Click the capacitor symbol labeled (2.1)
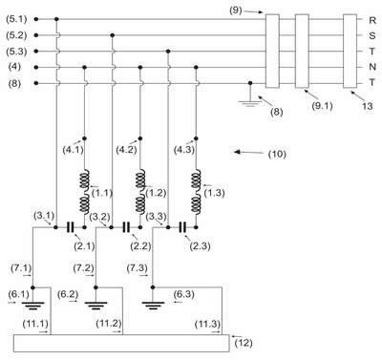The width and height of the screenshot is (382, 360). [70, 227]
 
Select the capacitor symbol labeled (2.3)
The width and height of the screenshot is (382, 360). [182, 227]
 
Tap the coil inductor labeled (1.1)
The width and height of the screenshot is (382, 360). [84, 191]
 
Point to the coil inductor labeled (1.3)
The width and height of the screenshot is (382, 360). [196, 191]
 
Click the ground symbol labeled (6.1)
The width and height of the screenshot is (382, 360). [32, 306]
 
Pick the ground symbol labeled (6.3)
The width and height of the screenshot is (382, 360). [153, 306]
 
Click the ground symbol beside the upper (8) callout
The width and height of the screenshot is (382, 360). [250, 103]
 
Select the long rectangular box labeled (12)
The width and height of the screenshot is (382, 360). [121, 343]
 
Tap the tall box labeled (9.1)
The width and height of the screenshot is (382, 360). [302, 51]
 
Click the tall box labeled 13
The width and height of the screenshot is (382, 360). [350, 51]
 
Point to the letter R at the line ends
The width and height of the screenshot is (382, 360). [372, 20]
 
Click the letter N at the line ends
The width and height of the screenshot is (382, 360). [372, 67]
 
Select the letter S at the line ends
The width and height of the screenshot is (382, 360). [372, 35]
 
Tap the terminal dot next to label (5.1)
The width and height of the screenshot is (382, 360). [36, 19]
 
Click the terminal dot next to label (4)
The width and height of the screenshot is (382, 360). [36, 67]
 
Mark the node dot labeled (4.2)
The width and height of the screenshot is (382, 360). [140, 138]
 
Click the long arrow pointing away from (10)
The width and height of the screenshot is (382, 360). [249, 153]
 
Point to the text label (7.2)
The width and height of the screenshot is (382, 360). [83, 268]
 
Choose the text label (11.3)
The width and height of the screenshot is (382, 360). [207, 324]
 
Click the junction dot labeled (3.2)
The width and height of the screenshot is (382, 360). [112, 227]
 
